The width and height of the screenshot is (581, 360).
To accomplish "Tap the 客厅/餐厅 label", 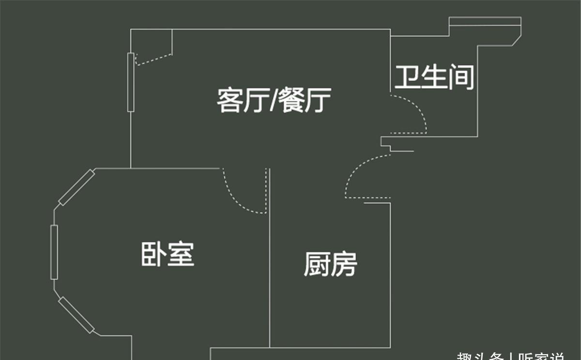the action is (274, 100).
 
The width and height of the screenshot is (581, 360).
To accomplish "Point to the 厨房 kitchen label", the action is (331, 264).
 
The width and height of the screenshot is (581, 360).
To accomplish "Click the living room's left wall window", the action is (130, 82).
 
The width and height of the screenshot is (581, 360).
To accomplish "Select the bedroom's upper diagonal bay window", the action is (76, 188).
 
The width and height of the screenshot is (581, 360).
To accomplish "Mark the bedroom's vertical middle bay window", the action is (54, 252).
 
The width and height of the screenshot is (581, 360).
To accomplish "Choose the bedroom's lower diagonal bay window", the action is (76, 315).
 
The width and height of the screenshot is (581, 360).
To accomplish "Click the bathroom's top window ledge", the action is (485, 22).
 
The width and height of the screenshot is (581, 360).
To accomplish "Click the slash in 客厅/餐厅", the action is (274, 101).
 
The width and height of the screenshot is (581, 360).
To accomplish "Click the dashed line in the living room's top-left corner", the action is (154, 59).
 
